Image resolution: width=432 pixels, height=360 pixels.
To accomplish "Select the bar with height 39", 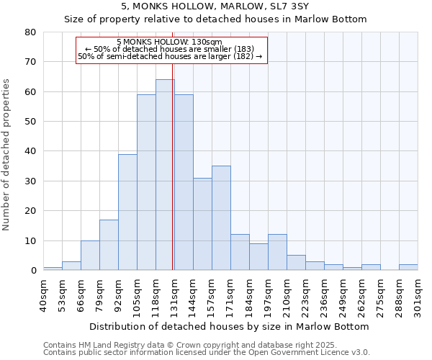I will point(127,212).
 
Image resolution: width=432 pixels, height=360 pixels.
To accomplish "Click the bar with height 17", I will point(109,245).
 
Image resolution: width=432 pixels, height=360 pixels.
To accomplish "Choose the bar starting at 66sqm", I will point(90,256).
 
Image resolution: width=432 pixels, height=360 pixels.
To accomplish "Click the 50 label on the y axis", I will point(30,122).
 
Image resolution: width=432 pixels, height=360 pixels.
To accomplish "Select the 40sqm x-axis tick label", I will point(43,294).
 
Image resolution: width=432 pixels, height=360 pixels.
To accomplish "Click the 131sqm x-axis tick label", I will point(174,294).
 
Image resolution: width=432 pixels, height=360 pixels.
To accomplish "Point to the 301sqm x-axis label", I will point(418,294).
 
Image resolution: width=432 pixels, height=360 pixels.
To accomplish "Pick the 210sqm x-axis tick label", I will point(287,294).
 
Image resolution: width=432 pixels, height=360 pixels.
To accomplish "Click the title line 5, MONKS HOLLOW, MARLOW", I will point(215,6).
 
